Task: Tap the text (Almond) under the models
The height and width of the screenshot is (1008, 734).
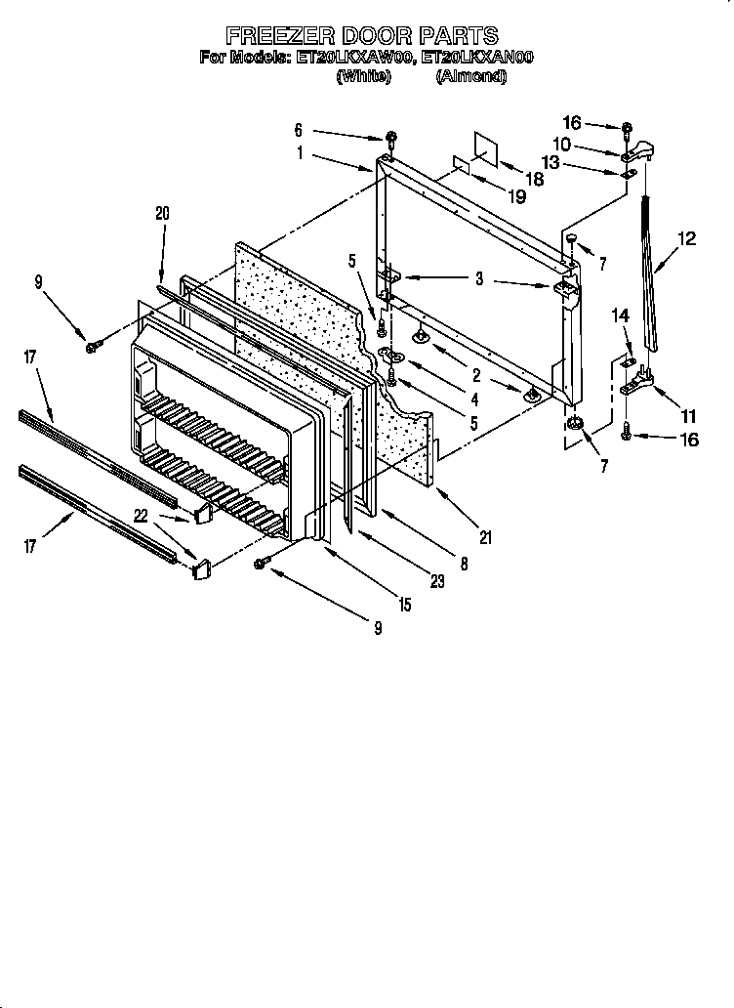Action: [x=471, y=76]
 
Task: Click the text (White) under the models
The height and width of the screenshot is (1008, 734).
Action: [x=362, y=76]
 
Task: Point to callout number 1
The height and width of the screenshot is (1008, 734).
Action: [x=301, y=151]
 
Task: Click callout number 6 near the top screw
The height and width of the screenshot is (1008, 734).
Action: [x=299, y=129]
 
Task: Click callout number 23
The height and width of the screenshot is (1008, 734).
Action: [x=436, y=581]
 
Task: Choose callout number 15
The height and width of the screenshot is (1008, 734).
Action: [x=402, y=606]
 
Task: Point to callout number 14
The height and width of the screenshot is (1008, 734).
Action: [x=619, y=315]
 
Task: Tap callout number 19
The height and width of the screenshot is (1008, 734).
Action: [x=517, y=196]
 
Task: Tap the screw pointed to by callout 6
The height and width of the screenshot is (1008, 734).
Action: [x=390, y=136]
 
